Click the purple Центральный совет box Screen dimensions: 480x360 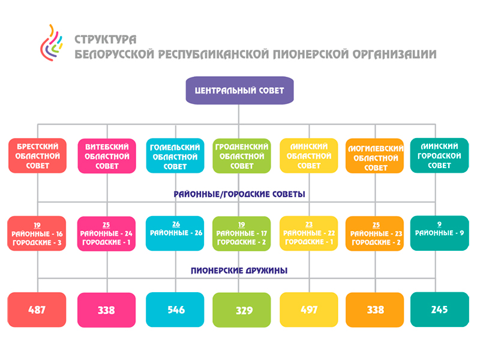pyautogui.click(x=239, y=91)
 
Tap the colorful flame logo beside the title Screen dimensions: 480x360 pyautogui.click(x=51, y=43)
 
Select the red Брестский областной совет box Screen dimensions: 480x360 pyautogui.click(x=37, y=156)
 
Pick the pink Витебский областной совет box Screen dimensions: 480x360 pyautogui.click(x=107, y=156)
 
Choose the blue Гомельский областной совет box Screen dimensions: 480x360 pyautogui.click(x=175, y=156)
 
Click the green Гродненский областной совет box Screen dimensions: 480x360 pyautogui.click(x=242, y=156)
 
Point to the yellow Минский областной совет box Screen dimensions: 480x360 pyautogui.click(x=309, y=156)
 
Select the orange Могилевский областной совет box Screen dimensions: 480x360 pyautogui.click(x=375, y=156)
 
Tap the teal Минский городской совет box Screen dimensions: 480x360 pyautogui.click(x=439, y=156)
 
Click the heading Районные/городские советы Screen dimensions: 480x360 pyautogui.click(x=239, y=194)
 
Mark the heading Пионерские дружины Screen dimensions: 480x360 pyautogui.click(x=239, y=271)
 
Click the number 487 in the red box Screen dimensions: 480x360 pyautogui.click(x=37, y=310)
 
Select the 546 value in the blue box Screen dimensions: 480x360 pyautogui.click(x=176, y=310)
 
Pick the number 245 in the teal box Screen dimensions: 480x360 pyautogui.click(x=439, y=310)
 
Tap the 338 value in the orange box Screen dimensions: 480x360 pyautogui.click(x=376, y=310)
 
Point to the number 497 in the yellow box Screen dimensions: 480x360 pyautogui.click(x=309, y=310)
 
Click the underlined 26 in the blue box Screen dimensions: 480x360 pyautogui.click(x=176, y=224)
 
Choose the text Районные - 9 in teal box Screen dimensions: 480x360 pyautogui.click(x=439, y=233)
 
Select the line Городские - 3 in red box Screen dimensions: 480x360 pyautogui.click(x=37, y=243)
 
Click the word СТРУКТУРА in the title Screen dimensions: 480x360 pyautogui.click(x=106, y=40)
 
